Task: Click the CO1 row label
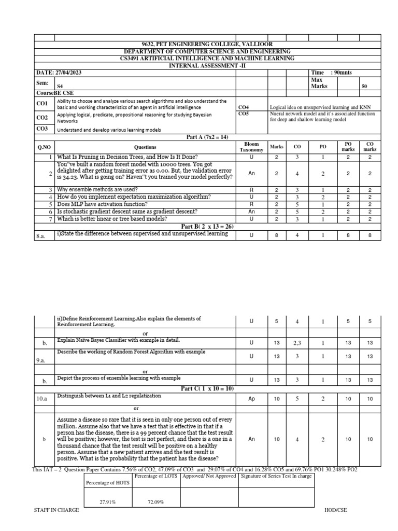tap(42, 104)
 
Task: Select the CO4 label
tap(243, 107)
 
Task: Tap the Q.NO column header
tap(44, 147)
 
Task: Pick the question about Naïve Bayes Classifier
tap(118, 340)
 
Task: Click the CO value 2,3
tap(297, 343)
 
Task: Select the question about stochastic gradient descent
tap(126, 211)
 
